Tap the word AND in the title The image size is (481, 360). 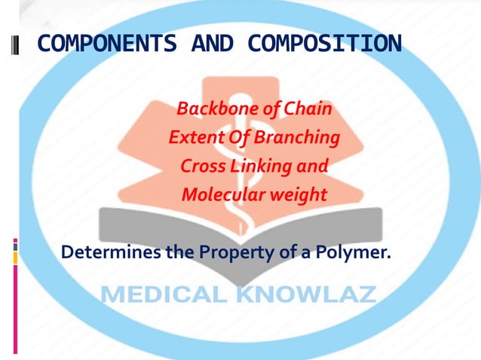(213, 44)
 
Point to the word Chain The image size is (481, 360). (308, 110)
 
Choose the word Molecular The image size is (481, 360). (218, 195)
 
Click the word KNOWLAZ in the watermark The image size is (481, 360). (306, 294)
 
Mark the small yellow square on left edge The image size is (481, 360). (14, 258)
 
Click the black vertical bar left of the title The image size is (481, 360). (17, 44)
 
